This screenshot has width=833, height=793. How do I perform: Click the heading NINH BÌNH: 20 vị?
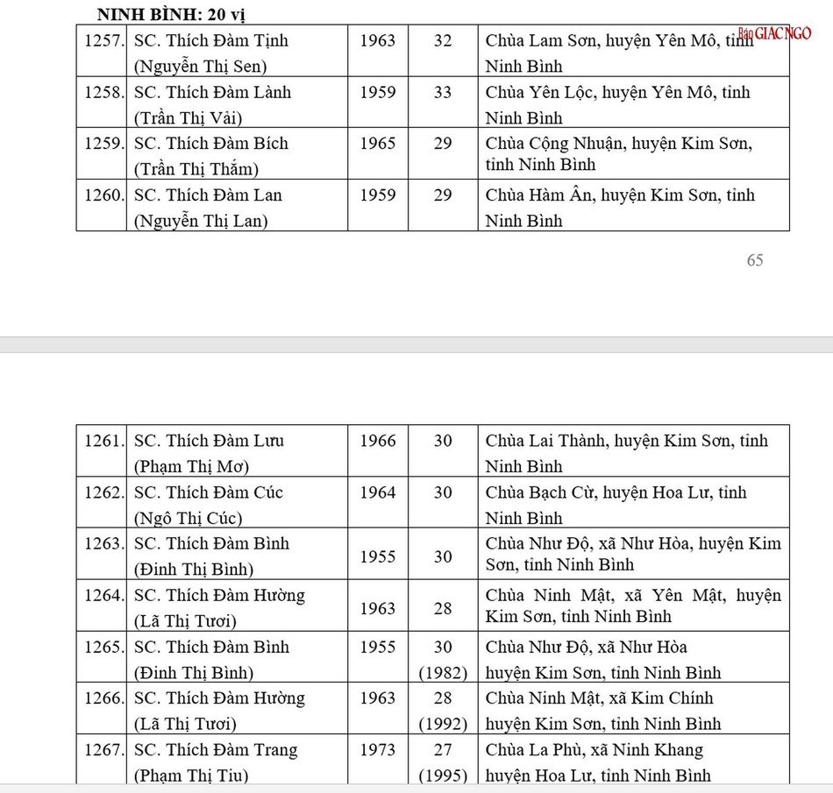click(x=175, y=15)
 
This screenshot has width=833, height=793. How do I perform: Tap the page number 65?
click(x=754, y=260)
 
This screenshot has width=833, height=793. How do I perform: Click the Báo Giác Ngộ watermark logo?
click(x=774, y=33)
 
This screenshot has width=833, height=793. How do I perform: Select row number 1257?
click(x=103, y=40)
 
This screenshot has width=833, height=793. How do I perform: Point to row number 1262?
click(x=103, y=492)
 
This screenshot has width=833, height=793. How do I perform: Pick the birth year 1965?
click(x=377, y=143)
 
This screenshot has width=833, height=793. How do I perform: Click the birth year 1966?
click(x=377, y=441)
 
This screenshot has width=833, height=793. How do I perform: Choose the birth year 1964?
click(x=377, y=492)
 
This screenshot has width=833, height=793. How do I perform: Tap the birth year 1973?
click(x=377, y=750)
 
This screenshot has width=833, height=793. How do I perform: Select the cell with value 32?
click(x=443, y=40)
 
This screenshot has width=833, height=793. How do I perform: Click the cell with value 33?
click(x=443, y=92)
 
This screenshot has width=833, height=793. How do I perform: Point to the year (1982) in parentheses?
click(x=443, y=673)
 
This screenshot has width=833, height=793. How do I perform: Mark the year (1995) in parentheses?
click(x=443, y=775)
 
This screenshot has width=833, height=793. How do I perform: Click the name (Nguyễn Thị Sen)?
click(x=200, y=67)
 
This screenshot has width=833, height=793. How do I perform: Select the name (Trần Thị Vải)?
click(x=189, y=118)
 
